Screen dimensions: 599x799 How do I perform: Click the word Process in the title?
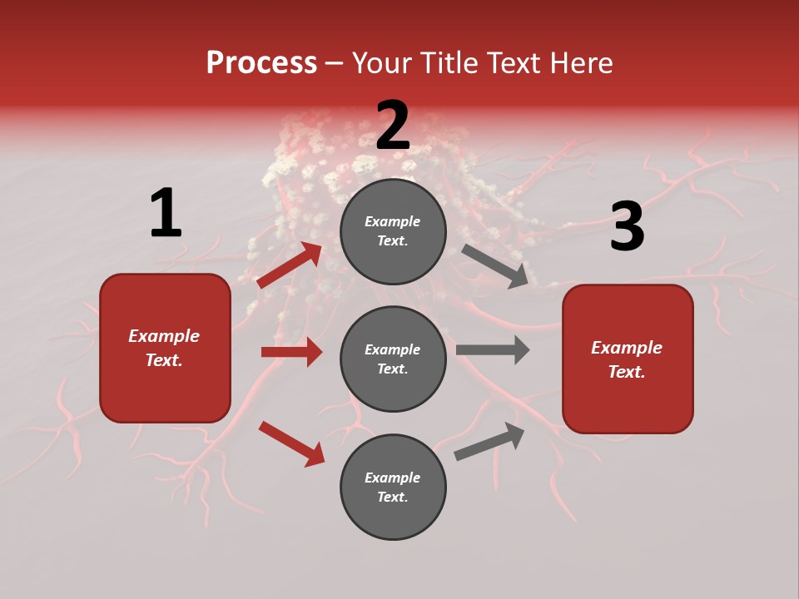pos(261,63)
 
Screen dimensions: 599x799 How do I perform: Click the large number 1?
pos(166,213)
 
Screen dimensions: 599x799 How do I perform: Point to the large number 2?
pos(393,125)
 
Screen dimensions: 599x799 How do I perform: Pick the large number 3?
pos(627,226)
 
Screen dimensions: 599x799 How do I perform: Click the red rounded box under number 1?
pos(165,348)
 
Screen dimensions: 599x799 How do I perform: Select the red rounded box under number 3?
pos(628,359)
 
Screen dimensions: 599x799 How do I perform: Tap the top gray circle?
pos(393,231)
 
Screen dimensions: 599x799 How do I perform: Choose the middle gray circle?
pos(393,359)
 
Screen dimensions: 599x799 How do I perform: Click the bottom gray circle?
pos(393,487)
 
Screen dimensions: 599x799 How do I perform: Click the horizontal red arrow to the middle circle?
pos(291,352)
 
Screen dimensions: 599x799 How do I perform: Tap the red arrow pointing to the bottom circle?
pos(291,443)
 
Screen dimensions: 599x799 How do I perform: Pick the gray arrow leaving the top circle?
pos(495,266)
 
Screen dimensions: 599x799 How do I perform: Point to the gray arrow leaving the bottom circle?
pos(489,441)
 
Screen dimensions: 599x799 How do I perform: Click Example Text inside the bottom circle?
pos(393,487)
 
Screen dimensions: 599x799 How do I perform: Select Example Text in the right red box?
pos(627,359)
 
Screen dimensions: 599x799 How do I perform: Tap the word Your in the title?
pos(384,63)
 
